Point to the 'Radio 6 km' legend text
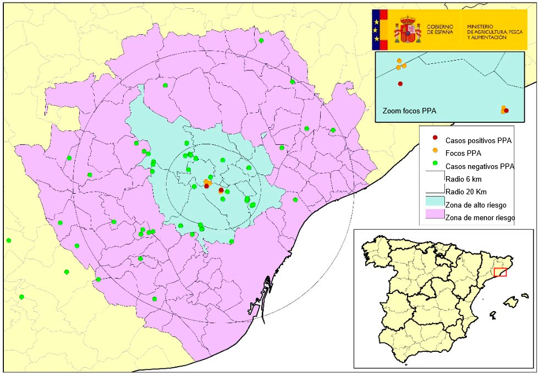coord(463,179)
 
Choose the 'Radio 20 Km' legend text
coord(465,192)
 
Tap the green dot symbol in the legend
coord(435,163)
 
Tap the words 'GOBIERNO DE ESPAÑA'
coord(440,29)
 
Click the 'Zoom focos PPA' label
coord(409,111)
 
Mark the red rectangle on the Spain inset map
coord(500,272)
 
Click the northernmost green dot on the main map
coord(261,40)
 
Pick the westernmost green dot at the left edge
coord(9,240)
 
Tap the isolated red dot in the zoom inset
coord(400,84)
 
